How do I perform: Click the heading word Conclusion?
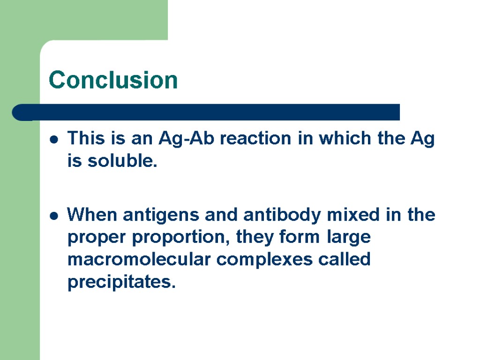tap(113, 80)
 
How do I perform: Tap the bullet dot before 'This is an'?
tap(54, 140)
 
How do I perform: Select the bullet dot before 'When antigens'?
tap(54, 216)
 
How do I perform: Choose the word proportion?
tap(181, 238)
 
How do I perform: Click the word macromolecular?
tap(139, 259)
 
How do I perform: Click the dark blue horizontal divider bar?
tap(206, 112)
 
